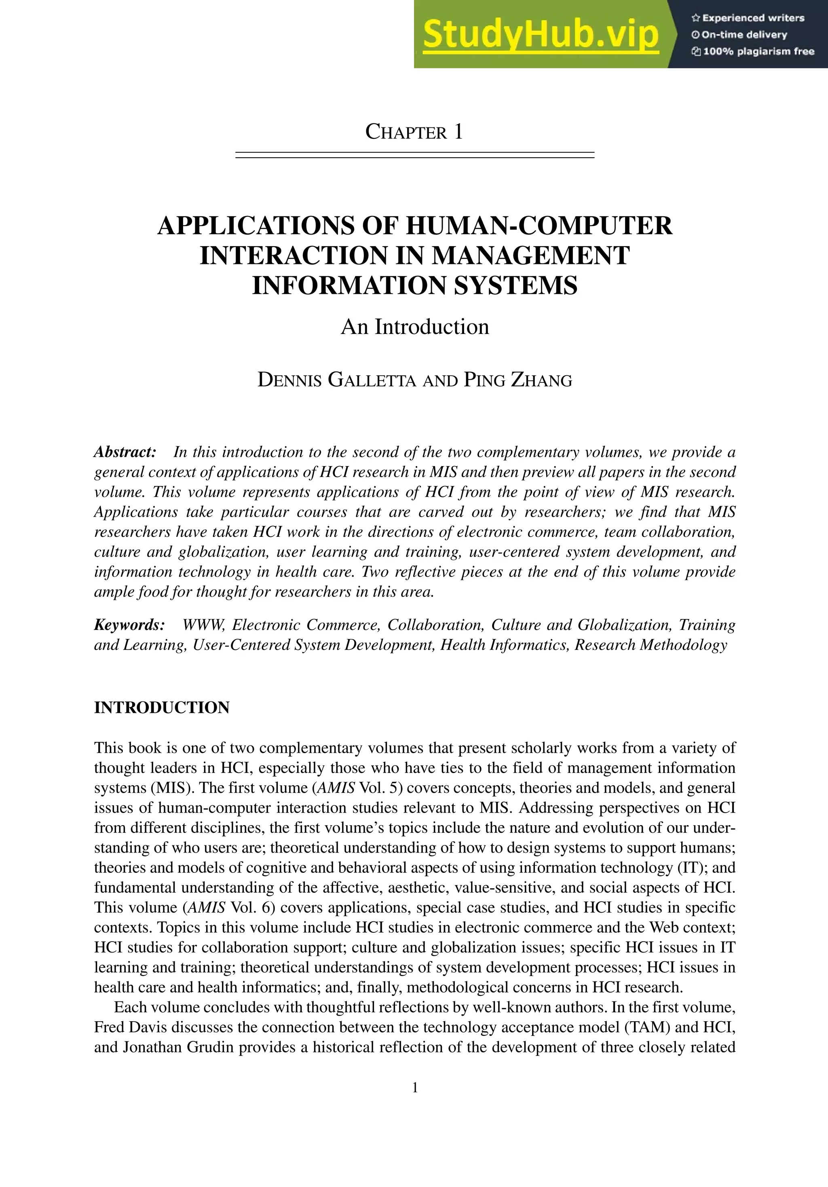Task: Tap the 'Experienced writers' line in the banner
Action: point(748,18)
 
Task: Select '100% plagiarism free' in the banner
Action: point(753,51)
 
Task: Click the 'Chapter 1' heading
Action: point(414,132)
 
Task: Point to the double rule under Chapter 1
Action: point(414,154)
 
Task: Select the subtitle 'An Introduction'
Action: point(414,327)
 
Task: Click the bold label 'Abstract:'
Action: point(125,452)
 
